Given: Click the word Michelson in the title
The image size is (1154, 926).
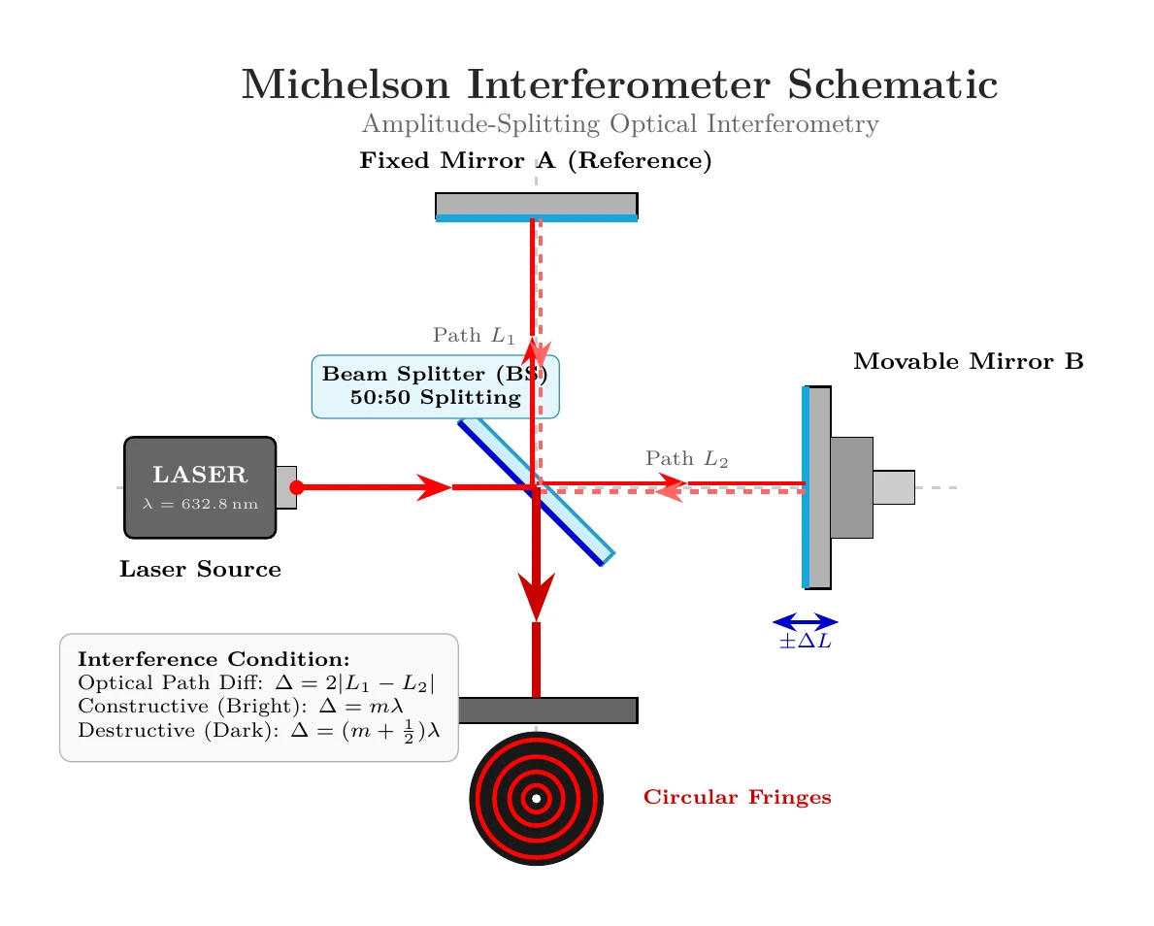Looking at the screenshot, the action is coord(346,83).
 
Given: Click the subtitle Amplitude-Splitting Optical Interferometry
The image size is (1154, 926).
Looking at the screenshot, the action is coord(620,123).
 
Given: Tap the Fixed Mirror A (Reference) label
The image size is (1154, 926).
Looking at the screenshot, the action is coord(536,160).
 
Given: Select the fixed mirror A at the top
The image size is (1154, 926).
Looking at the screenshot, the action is coord(537,207).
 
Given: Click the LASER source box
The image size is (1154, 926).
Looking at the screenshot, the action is coord(200,487).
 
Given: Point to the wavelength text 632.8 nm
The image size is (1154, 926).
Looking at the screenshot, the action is coord(219,504).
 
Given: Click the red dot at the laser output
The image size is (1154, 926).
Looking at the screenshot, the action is coord(297,487).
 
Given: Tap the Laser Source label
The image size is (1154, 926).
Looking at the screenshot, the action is coord(200,569).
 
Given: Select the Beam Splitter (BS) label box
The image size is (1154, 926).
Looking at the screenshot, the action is coord(436,386).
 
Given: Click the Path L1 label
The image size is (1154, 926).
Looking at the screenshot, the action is coord(474,336).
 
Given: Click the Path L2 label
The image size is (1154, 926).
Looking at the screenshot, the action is coord(686,458).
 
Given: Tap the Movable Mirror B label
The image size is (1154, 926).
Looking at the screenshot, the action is coord(969,361).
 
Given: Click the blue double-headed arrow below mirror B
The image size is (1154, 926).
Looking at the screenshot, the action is coord(806,623).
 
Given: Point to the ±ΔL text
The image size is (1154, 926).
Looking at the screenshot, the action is coord(806,642).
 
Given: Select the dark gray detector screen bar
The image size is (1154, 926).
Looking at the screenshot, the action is coord(547,711).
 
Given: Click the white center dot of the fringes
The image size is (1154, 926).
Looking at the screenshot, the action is coord(537,799).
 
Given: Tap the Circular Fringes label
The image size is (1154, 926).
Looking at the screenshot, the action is coord(738,797).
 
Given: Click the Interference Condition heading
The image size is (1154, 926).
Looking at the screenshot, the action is coord(214,659).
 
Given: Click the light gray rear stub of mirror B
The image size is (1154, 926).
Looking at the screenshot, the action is coord(894,487).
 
